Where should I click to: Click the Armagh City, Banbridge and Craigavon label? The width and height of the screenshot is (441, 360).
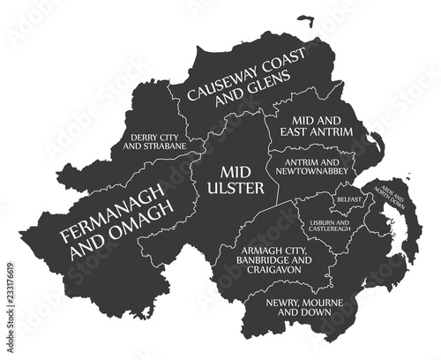(x=275, y=261)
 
